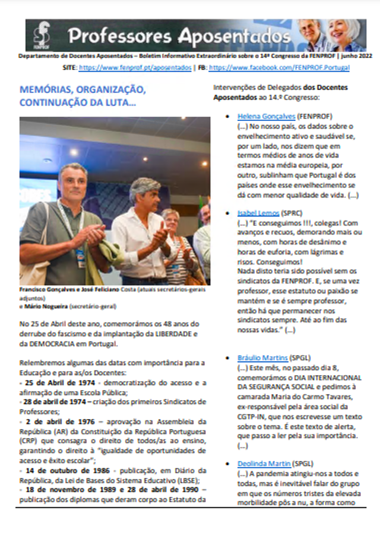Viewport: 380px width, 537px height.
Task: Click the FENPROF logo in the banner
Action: tap(42, 35)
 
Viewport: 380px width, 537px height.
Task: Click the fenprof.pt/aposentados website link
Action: tap(135, 68)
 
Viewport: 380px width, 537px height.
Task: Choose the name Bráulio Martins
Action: tap(262, 358)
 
